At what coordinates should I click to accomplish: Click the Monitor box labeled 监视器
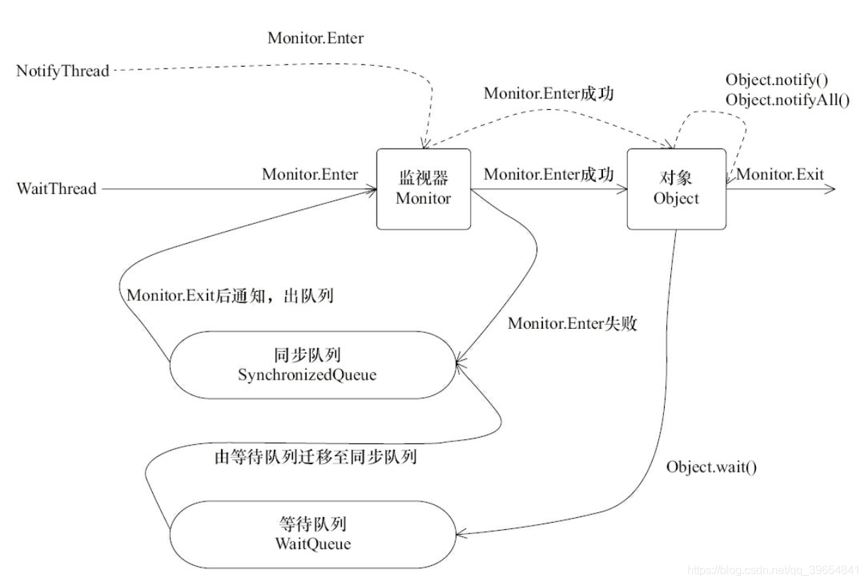423,189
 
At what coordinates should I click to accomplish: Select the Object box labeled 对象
676,189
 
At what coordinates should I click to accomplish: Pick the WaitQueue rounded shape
312,535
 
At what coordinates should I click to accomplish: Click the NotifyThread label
64,71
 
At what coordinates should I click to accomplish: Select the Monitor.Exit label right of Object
780,174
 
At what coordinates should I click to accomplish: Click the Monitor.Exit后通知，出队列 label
230,296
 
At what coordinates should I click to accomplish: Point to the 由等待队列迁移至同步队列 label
315,457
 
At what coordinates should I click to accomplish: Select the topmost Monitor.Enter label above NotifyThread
315,38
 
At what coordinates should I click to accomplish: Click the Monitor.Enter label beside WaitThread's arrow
309,174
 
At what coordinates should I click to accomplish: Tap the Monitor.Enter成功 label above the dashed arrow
549,94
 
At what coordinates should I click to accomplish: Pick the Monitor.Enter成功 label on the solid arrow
549,174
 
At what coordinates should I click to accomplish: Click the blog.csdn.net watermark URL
773,569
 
